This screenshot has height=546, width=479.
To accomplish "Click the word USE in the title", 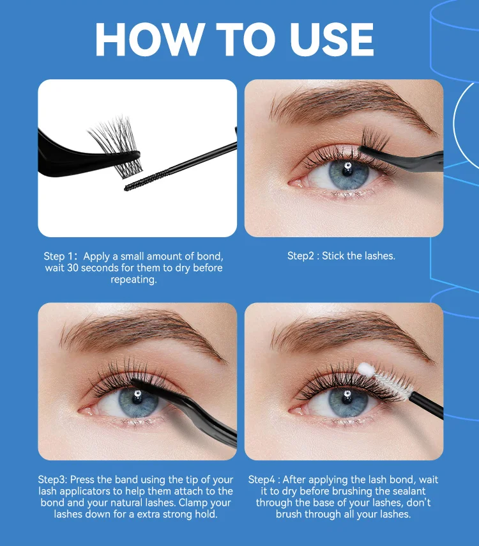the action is tap(331, 39).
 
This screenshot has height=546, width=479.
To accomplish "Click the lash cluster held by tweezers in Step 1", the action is tap(116, 146).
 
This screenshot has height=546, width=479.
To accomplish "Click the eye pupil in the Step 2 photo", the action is tap(347, 170).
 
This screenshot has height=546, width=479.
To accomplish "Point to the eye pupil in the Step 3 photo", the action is tap(137, 397).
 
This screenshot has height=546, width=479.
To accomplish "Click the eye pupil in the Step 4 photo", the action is tap(347, 397).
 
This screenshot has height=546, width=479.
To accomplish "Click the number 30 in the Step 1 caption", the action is tap(72, 268).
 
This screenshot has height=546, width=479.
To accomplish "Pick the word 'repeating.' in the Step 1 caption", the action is tap(133, 280).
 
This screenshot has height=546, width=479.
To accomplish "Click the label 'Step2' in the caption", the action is tap(301, 256).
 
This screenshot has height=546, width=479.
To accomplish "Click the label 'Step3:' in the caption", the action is tap(52, 480).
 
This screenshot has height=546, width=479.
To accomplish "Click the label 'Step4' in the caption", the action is tap(261, 480).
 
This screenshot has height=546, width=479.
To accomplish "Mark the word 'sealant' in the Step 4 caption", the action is tap(409, 491).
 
